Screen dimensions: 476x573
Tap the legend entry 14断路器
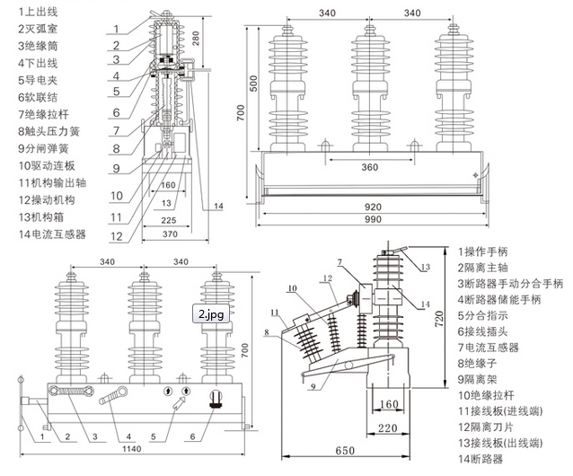(485, 460)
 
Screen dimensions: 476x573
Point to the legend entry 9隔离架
(485, 379)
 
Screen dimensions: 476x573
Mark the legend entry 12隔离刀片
(490, 428)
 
